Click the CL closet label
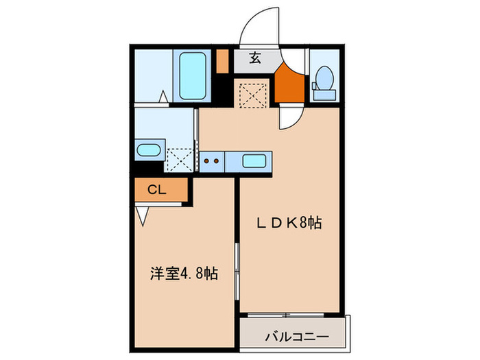click(157, 190)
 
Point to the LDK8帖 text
click(289, 223)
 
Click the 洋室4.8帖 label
click(184, 274)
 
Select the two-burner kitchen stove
click(212, 162)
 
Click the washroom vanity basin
click(148, 150)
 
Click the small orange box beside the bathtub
click(222, 62)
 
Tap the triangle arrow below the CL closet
click(143, 217)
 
